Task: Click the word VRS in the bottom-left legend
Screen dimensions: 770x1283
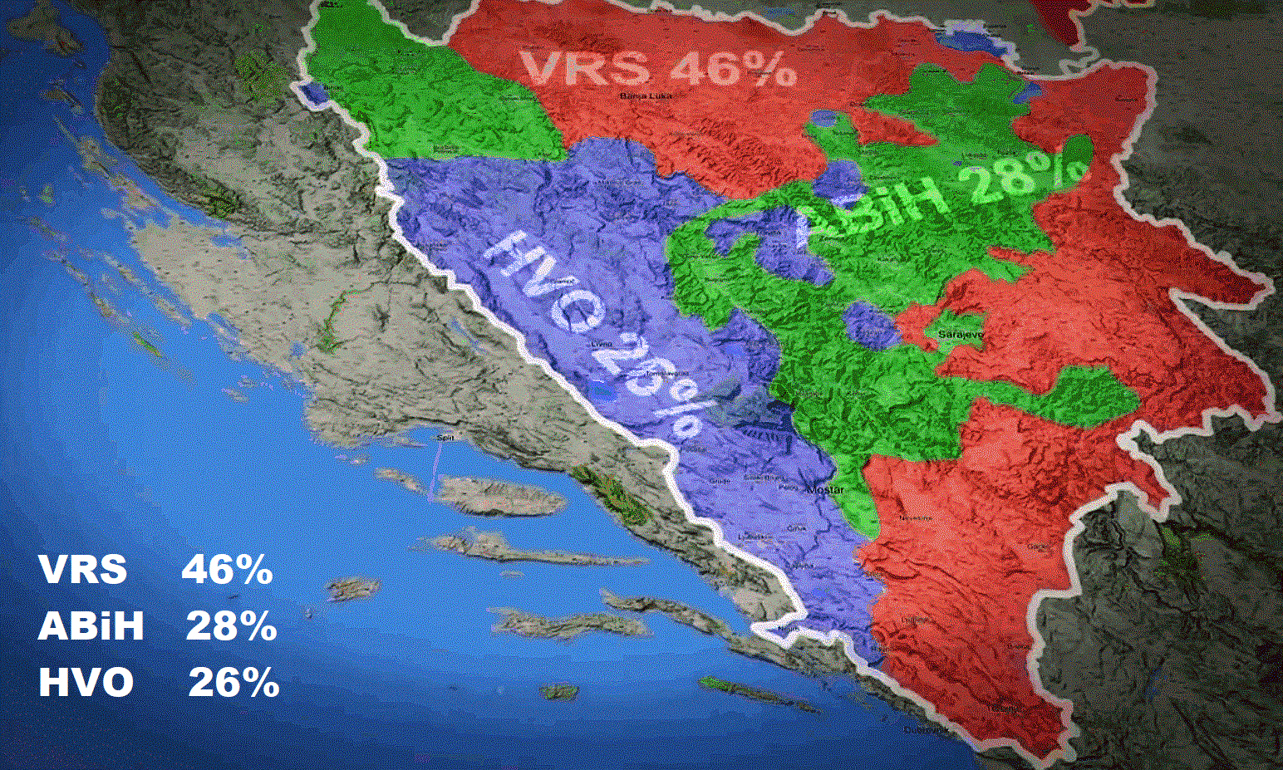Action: click(82, 571)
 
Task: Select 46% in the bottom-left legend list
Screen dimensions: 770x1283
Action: click(227, 571)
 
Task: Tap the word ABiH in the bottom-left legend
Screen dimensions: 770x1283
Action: click(91, 626)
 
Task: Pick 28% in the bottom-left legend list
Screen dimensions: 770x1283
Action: click(230, 626)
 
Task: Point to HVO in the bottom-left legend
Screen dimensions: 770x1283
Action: click(86, 683)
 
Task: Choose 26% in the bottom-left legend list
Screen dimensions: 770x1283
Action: click(233, 683)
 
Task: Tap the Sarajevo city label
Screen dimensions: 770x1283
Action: click(961, 334)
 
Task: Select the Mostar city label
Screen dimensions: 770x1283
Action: click(825, 490)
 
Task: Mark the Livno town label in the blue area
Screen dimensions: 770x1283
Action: click(601, 343)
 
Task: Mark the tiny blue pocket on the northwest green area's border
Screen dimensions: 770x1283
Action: click(315, 93)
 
